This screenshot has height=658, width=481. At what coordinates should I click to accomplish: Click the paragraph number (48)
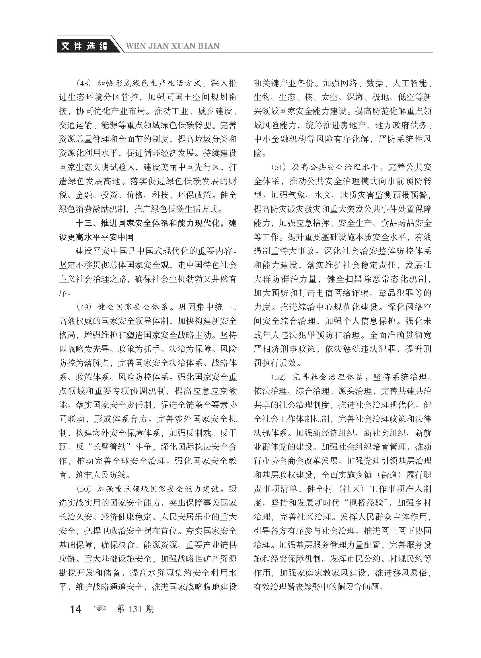coord(84,84)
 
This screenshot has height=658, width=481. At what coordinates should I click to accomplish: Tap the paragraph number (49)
coord(84,307)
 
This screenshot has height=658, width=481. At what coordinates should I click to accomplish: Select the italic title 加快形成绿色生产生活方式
coord(149,84)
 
